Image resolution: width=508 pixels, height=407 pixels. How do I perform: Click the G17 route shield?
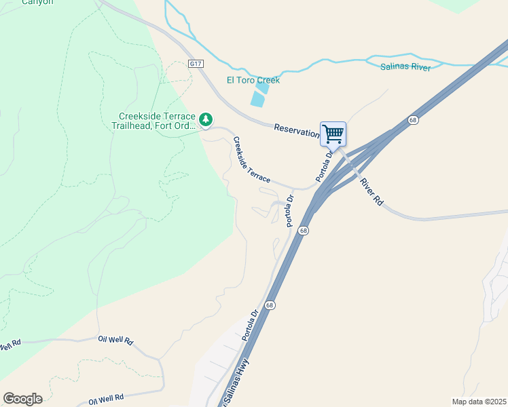(x=196, y=64)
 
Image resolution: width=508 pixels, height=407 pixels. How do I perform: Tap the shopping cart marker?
(x=333, y=134)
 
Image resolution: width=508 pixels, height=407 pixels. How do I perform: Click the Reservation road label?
(x=297, y=130)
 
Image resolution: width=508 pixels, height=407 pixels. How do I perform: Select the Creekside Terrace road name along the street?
(x=251, y=160)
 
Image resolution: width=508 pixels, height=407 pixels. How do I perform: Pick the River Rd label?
(x=371, y=192)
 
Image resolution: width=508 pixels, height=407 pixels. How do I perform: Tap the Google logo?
(x=22, y=399)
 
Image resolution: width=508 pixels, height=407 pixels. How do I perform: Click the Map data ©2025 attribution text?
(x=478, y=402)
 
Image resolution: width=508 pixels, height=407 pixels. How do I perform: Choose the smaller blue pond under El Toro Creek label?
(x=262, y=88)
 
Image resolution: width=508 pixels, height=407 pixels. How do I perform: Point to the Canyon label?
(x=37, y=2)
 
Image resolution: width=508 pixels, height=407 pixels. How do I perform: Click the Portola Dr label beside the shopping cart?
(x=325, y=167)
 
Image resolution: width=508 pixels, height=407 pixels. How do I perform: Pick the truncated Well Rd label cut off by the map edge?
(x=10, y=345)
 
